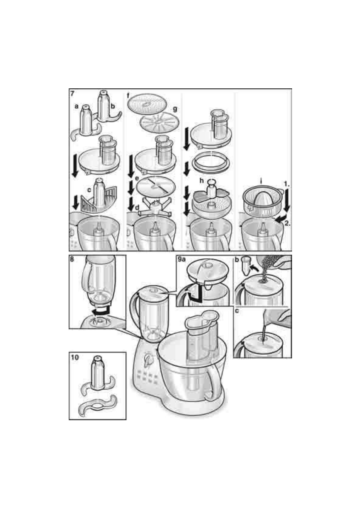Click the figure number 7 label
click(72, 93)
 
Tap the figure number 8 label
click(72, 259)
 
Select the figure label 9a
click(182, 259)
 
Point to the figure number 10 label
click(75, 357)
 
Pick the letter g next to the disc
click(175, 109)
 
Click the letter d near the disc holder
click(137, 207)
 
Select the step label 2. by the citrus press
click(287, 223)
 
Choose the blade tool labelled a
click(86, 121)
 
